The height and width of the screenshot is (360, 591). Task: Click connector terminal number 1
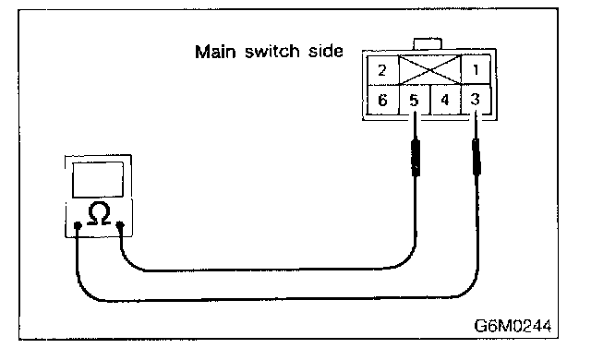(476, 69)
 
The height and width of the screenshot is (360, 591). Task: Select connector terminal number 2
(382, 70)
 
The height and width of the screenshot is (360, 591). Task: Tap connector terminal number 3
(476, 100)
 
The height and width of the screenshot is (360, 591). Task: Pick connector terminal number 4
(445, 100)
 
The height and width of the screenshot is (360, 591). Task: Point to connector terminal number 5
(415, 101)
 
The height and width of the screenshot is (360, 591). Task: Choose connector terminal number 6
(382, 101)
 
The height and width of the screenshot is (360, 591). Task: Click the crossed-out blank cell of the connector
(430, 70)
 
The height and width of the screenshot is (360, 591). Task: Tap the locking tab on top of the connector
(428, 43)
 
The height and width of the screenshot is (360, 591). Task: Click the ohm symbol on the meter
(99, 213)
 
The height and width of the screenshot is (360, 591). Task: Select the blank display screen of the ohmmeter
(98, 180)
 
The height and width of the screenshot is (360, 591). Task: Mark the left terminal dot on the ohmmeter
(78, 225)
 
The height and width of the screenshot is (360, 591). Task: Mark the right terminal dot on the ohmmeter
(120, 225)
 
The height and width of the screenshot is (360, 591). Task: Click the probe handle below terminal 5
(416, 158)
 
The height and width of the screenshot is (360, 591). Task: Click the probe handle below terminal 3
(476, 157)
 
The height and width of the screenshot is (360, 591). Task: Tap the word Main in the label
(215, 51)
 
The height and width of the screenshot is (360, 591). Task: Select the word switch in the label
(272, 51)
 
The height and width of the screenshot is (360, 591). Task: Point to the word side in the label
(326, 51)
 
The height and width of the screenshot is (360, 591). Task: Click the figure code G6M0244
(513, 326)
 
